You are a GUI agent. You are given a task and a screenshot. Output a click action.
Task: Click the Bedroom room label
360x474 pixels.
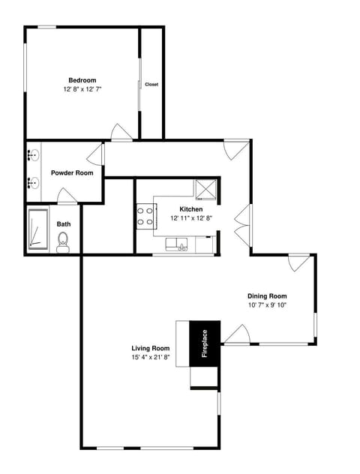pyautogui.click(x=82, y=80)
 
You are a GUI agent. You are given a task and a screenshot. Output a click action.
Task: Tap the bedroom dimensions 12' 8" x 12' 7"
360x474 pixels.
pyautogui.click(x=82, y=89)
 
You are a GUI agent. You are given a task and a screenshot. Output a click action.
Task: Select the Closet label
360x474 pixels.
pyautogui.click(x=151, y=84)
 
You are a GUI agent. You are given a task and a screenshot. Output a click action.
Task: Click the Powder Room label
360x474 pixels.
pyautogui.click(x=72, y=172)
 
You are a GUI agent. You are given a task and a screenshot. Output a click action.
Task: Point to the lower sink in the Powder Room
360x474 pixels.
pyautogui.click(x=33, y=182)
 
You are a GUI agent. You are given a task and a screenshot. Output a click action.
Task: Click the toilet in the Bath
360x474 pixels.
pyautogui.click(x=63, y=241)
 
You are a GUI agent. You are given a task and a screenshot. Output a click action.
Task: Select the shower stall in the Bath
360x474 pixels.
pyautogui.click(x=38, y=229)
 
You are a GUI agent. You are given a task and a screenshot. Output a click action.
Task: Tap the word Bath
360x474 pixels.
pyautogui.click(x=64, y=223)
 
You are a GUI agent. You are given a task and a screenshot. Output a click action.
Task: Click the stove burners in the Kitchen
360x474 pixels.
pyautogui.click(x=145, y=217)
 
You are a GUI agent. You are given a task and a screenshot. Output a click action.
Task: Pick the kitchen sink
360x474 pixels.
pyautogui.click(x=179, y=242)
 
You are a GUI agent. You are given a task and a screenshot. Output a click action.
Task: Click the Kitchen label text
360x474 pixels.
pyautogui.click(x=190, y=209)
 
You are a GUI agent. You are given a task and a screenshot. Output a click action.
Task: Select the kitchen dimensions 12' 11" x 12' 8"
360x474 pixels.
pyautogui.click(x=190, y=218)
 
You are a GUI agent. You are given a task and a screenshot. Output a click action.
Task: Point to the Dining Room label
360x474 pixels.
pyautogui.click(x=267, y=295)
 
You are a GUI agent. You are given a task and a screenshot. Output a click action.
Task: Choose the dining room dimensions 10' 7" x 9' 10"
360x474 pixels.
pyautogui.click(x=267, y=305)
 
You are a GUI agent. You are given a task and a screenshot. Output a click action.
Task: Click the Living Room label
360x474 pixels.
pyautogui.click(x=150, y=349)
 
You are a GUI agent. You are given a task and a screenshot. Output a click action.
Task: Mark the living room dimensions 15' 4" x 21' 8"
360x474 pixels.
pyautogui.click(x=150, y=358)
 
